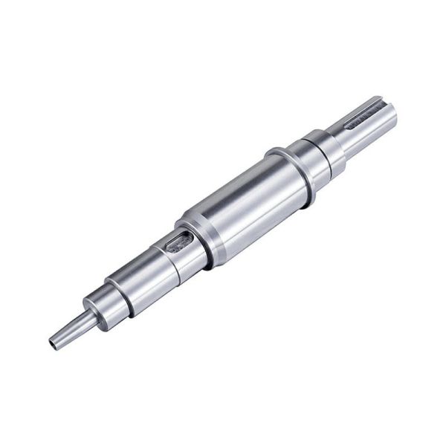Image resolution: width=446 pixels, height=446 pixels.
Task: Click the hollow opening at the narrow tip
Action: (x=54, y=344)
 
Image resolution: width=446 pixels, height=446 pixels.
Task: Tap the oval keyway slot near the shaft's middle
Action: (x=179, y=242)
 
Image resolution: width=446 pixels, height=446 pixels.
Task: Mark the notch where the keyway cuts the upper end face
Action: (x=381, y=103)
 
